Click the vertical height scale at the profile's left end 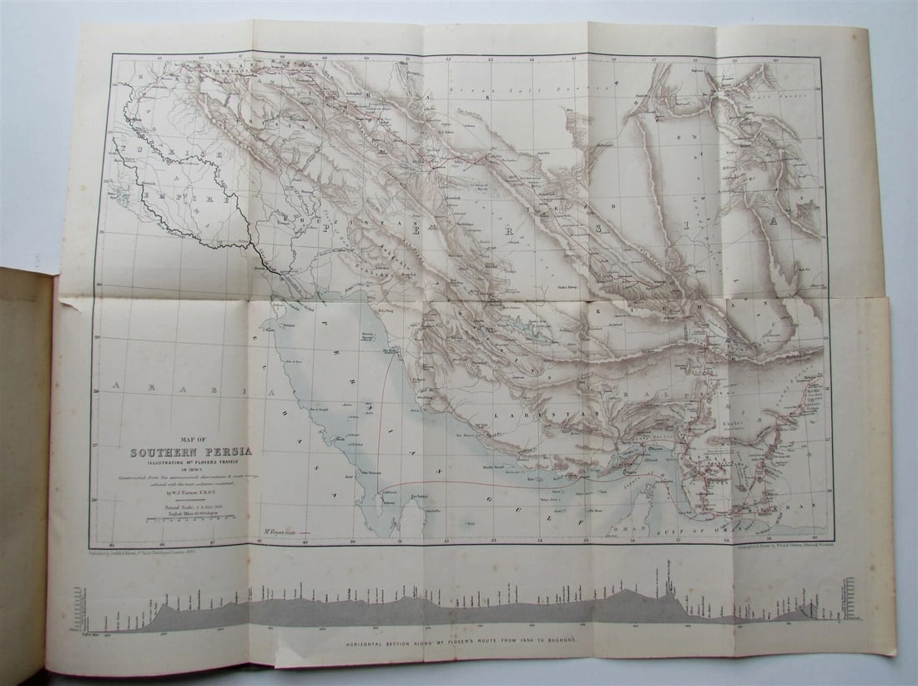(78, 608)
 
